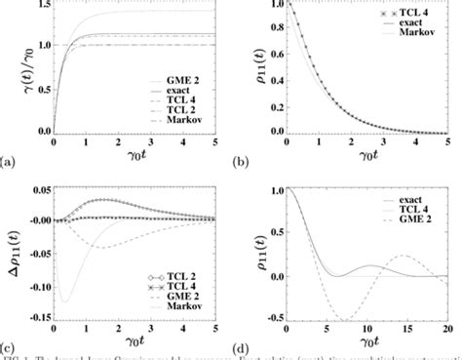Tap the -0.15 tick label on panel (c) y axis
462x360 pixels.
click(x=32, y=315)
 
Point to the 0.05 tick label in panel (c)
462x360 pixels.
click(x=36, y=189)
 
